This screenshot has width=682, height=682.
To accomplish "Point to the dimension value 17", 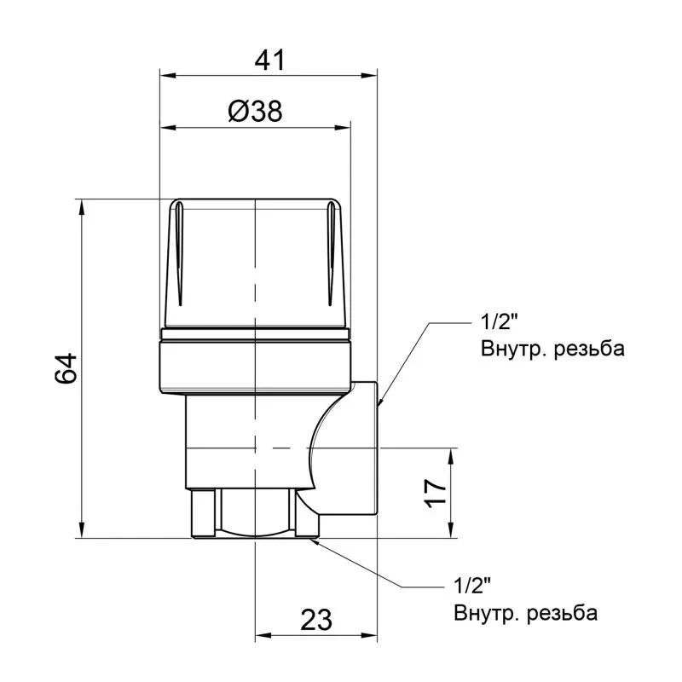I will pos(436,492).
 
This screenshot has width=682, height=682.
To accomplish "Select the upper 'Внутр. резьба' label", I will pos(540,349).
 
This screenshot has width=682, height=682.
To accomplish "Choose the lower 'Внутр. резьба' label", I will pos(525,613).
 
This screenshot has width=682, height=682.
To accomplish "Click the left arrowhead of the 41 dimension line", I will pos(168,75).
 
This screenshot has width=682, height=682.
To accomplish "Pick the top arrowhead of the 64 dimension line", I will pos(82,205).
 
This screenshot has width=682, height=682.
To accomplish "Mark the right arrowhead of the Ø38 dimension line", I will pos(344,128).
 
